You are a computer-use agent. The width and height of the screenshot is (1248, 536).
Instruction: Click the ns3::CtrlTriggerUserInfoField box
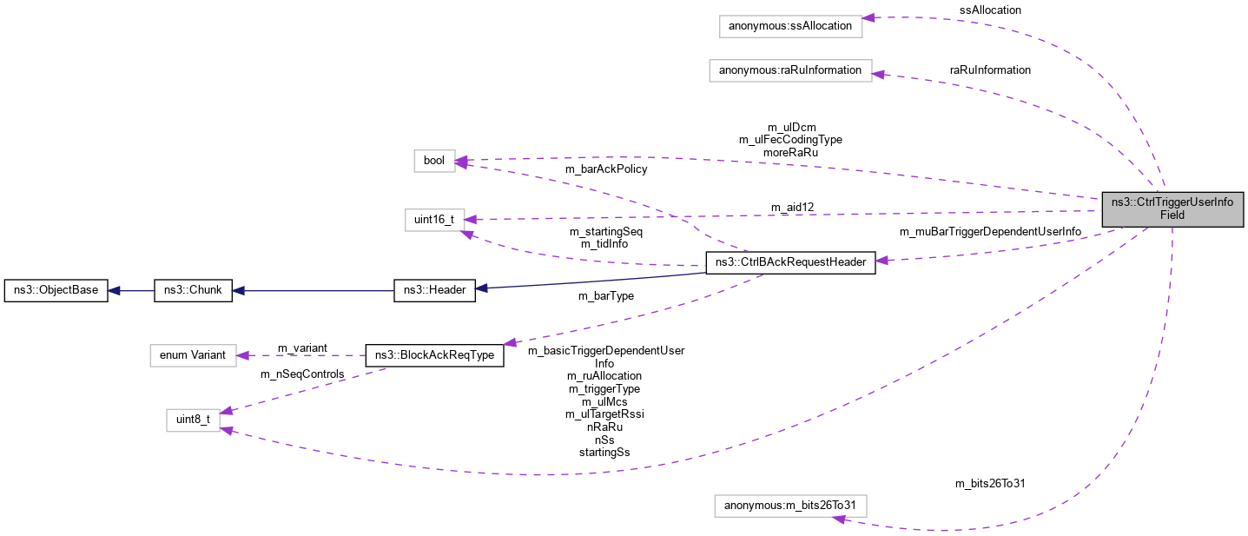click(x=1172, y=208)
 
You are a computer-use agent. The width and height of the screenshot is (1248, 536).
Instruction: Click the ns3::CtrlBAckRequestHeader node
click(x=789, y=263)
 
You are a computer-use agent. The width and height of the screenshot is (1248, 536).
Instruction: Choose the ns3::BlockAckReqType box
click(x=434, y=355)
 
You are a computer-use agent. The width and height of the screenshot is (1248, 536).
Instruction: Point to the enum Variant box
click(x=193, y=355)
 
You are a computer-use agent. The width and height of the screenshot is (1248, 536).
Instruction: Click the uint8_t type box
click(x=193, y=420)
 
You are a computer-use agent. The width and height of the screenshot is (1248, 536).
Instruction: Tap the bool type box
click(x=434, y=160)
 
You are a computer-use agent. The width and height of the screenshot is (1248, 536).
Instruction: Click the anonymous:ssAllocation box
click(x=791, y=26)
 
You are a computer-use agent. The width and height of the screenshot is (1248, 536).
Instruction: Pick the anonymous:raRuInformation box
click(x=789, y=70)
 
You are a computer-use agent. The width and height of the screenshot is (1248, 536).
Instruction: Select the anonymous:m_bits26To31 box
click(x=789, y=506)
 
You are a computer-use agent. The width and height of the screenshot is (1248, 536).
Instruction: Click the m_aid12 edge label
click(x=792, y=207)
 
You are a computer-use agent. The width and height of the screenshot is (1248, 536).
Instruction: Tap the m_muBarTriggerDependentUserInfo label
click(x=990, y=232)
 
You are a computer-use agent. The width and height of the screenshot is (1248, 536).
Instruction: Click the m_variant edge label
click(x=302, y=347)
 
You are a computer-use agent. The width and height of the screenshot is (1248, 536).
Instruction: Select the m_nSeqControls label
click(x=302, y=374)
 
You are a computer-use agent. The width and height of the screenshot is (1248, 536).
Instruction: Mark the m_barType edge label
click(x=605, y=295)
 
